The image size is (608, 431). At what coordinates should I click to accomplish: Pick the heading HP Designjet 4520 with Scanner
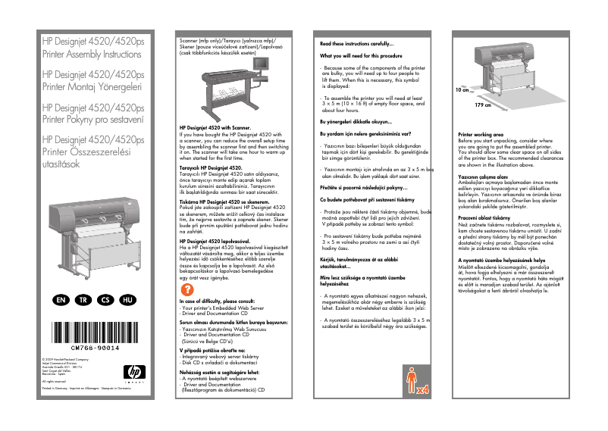pyautogui.click(x=215, y=129)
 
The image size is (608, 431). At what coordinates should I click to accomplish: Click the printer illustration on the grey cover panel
pyautogui.click(x=95, y=227)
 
